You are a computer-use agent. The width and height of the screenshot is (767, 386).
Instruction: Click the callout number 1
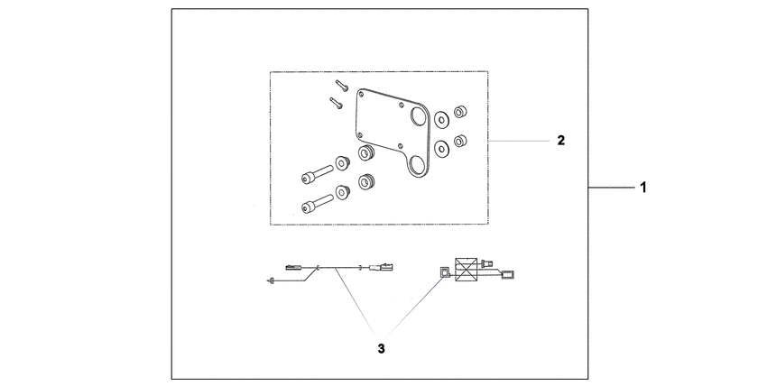(x=643, y=187)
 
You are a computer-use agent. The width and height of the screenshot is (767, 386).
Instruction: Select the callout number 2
(x=561, y=141)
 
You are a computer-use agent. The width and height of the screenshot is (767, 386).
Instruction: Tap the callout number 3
(x=381, y=349)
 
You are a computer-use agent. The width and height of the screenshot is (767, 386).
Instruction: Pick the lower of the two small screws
(x=336, y=103)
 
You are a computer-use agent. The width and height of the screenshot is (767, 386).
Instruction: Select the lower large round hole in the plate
(x=418, y=166)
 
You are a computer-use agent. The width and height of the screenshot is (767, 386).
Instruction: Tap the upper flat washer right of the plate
(x=442, y=119)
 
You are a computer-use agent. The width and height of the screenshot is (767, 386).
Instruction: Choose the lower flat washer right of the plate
(x=442, y=149)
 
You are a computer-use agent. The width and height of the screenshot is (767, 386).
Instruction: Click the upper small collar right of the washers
(x=460, y=112)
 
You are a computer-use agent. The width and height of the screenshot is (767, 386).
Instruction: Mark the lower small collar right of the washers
(x=460, y=141)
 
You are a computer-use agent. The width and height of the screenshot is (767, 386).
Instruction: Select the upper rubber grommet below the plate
(x=366, y=153)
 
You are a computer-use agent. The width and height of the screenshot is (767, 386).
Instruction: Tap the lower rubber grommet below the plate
(x=366, y=182)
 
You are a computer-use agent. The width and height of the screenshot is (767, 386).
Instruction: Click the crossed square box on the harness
(x=466, y=270)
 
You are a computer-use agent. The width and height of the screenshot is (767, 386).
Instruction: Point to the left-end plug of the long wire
(x=293, y=267)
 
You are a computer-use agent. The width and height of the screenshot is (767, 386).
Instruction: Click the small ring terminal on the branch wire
(x=271, y=280)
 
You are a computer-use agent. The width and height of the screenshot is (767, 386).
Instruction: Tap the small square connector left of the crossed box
(x=444, y=272)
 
